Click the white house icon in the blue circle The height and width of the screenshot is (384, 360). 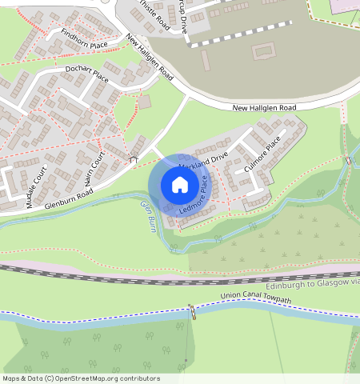(180, 186)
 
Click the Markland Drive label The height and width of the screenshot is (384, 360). (204, 158)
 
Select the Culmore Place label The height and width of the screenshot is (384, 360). (262, 155)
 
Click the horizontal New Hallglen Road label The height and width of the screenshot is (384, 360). (264, 107)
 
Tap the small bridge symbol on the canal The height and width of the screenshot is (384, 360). (191, 310)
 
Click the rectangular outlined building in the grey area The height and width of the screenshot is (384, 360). (262, 52)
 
